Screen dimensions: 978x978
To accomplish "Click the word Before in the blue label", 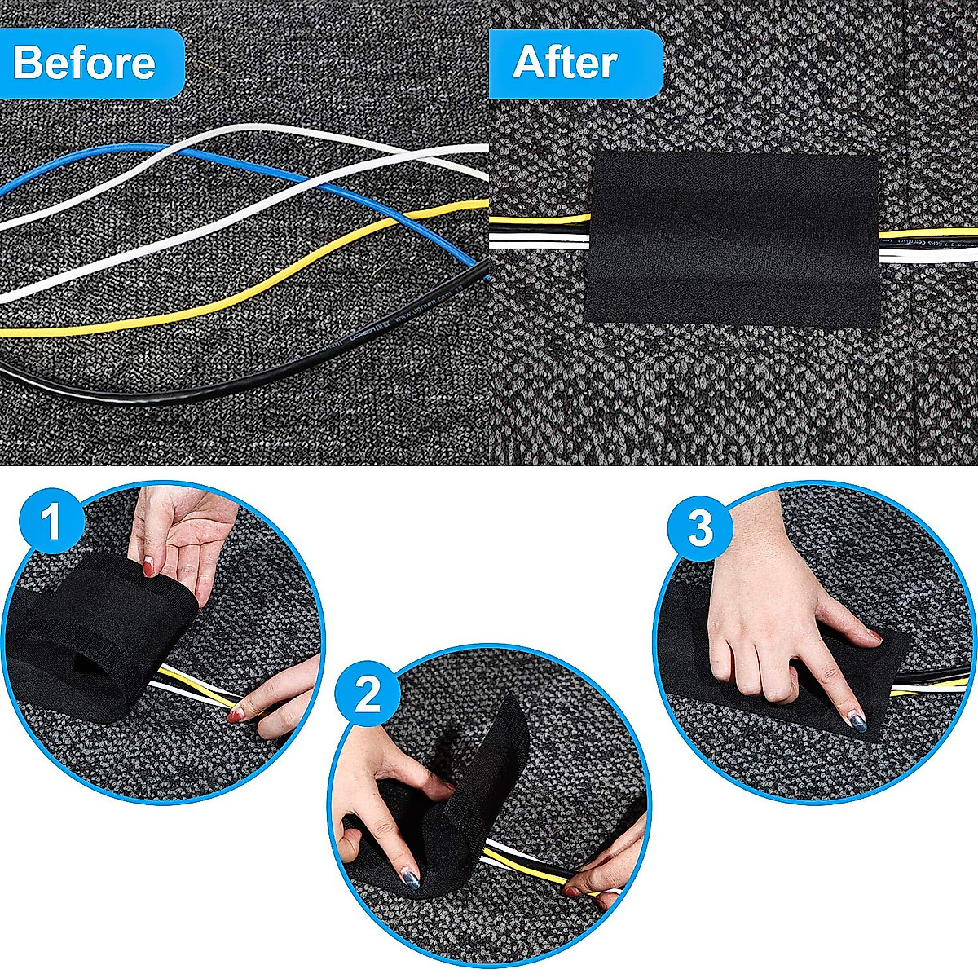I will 84,63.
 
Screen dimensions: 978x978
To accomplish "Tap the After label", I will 565,63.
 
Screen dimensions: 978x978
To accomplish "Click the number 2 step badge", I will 368,695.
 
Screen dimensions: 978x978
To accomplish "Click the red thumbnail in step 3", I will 874,635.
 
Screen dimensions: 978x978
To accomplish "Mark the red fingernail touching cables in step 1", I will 236,716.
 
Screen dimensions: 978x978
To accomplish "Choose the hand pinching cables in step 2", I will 611,856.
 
